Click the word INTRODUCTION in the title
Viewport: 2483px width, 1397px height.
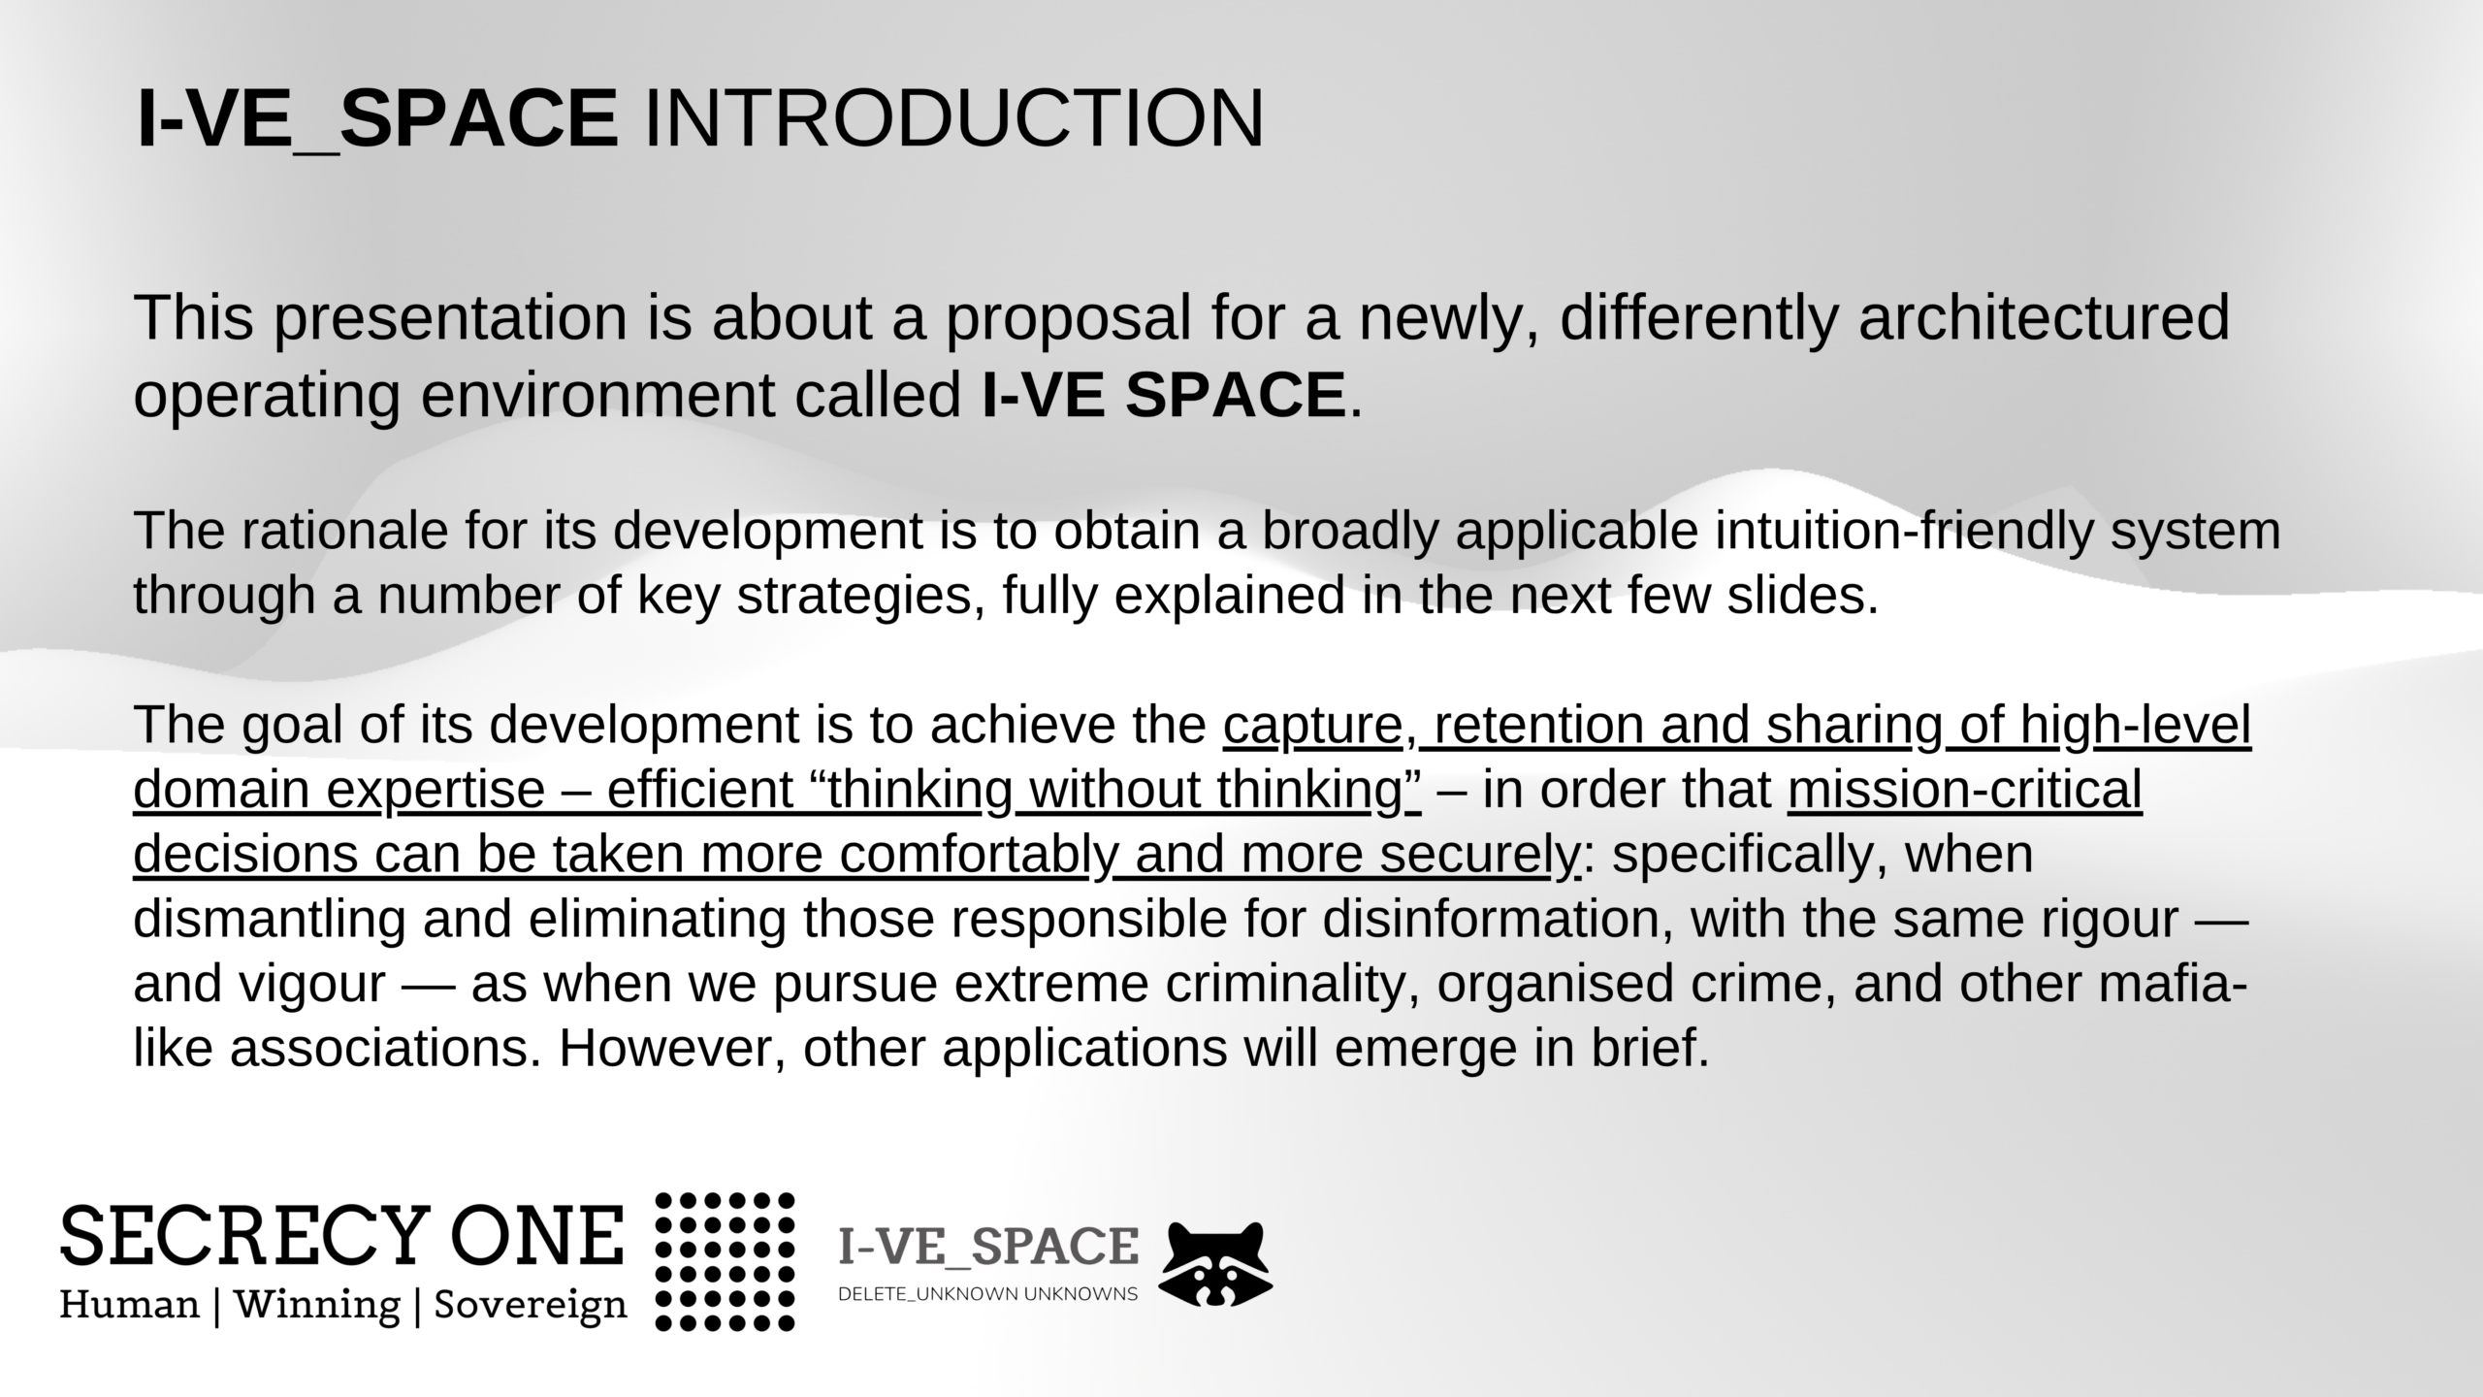(953, 118)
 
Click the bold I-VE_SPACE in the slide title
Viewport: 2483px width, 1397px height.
(377, 120)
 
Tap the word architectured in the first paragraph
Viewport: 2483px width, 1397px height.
(2045, 317)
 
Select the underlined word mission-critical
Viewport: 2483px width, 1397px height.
(1965, 790)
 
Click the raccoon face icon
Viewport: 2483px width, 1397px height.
(1216, 1264)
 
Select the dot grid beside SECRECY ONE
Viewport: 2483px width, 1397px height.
(726, 1261)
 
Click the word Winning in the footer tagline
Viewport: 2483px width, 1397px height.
(317, 1305)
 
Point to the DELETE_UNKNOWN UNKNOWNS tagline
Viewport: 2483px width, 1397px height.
(987, 1294)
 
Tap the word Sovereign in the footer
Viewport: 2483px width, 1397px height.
(531, 1305)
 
